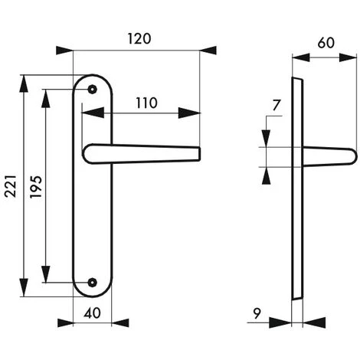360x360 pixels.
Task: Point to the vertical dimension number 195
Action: pos(34,188)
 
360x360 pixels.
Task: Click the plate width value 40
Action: pos(92,313)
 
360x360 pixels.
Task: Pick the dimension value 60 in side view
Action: pos(326,44)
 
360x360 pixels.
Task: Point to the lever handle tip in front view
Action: pos(197,155)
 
